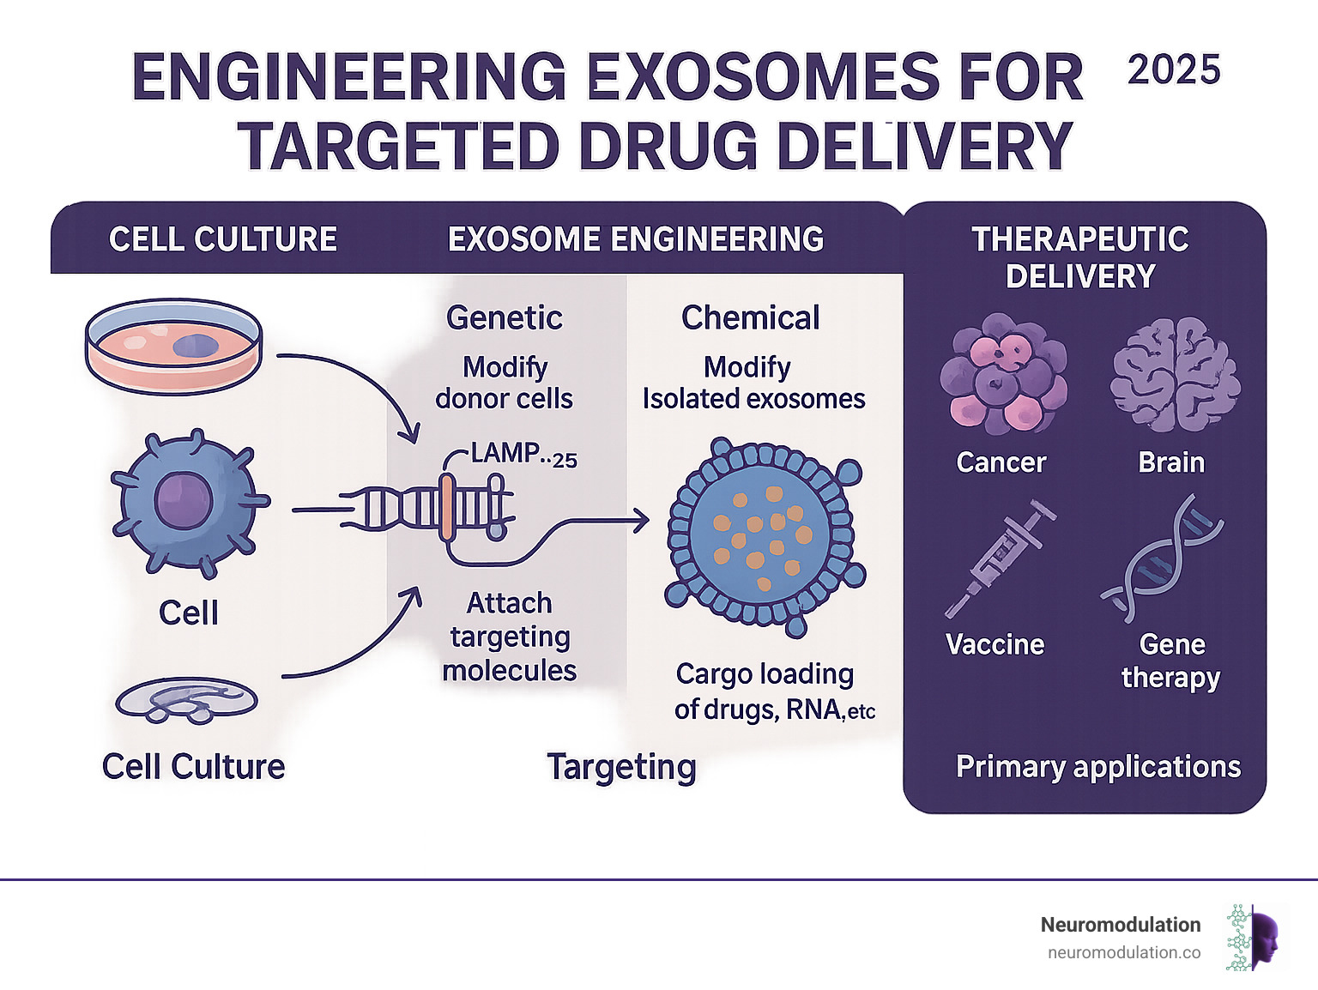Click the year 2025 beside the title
pyautogui.click(x=1174, y=70)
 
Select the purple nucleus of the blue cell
pyautogui.click(x=183, y=501)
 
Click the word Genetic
pyautogui.click(x=505, y=318)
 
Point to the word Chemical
pyautogui.click(x=750, y=318)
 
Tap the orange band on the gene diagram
pyautogui.click(x=446, y=508)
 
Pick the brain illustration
pyautogui.click(x=1175, y=376)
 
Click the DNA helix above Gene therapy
pyautogui.click(x=1163, y=558)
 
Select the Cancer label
pyautogui.click(x=1001, y=463)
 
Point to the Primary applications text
pyautogui.click(x=1097, y=766)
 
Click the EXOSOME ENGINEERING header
pyautogui.click(x=636, y=239)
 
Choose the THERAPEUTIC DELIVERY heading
pyautogui.click(x=1080, y=257)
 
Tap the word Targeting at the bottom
pyautogui.click(x=621, y=767)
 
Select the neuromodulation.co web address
pyautogui.click(x=1124, y=952)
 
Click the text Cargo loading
pyautogui.click(x=765, y=674)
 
